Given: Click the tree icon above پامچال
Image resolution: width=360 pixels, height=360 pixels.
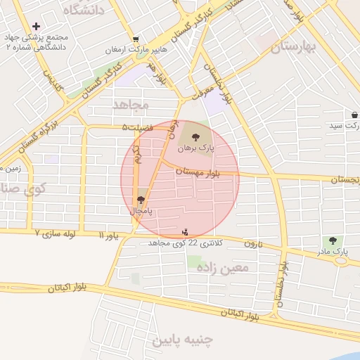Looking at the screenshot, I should tap(142, 200).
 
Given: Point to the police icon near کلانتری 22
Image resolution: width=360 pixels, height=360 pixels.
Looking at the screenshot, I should tap(185, 232).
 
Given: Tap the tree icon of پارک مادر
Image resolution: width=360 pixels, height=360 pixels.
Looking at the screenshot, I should tap(343, 240).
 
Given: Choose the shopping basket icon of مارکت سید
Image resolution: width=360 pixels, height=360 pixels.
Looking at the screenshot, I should tap(356, 115).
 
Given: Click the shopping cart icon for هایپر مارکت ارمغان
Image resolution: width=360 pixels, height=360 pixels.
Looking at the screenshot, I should tap(134, 39).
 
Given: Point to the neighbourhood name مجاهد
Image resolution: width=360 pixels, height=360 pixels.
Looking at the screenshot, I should tap(131, 104).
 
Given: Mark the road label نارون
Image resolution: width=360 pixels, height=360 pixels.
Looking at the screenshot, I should tap(252, 243).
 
